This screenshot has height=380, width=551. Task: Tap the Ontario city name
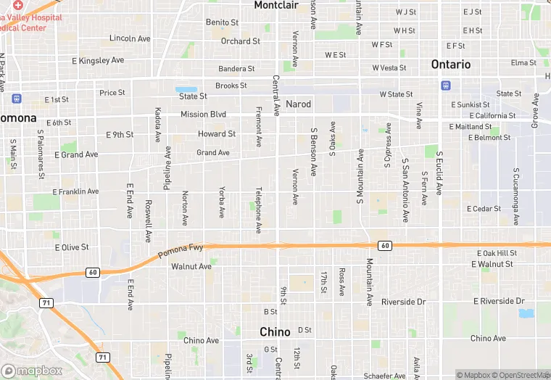coord(451,65)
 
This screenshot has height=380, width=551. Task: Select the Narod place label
coord(298,104)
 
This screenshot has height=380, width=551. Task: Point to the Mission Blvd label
coord(203,115)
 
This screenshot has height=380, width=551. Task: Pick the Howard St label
coord(217,134)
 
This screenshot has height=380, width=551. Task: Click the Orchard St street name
coord(241,41)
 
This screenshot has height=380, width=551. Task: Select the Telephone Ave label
coord(258,211)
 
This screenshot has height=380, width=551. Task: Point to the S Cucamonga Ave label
coord(516,197)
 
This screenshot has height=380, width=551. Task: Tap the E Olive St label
coord(72,247)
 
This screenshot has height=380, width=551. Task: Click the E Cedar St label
coord(484,209)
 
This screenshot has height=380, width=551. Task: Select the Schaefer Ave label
coord(385,376)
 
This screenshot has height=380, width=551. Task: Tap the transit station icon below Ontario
coord(445,86)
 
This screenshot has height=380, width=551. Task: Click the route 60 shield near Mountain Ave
coord(385,246)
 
